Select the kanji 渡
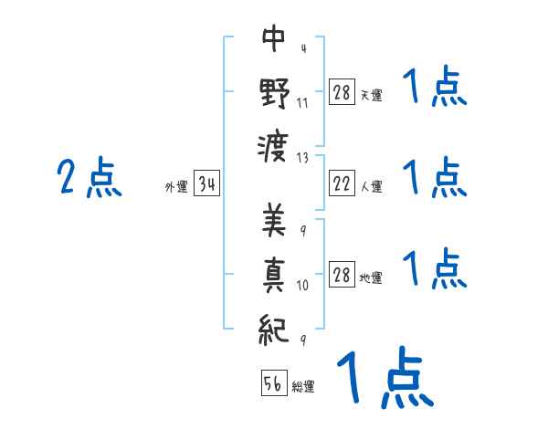click(x=274, y=146)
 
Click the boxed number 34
click(x=207, y=186)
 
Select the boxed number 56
click(x=274, y=383)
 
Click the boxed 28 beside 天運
click(x=342, y=92)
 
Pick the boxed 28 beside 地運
click(x=342, y=276)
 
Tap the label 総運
click(x=303, y=386)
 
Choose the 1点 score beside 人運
click(x=435, y=177)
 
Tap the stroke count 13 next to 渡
click(x=303, y=157)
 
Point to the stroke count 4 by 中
click(x=302, y=48)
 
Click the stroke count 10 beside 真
click(x=303, y=286)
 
